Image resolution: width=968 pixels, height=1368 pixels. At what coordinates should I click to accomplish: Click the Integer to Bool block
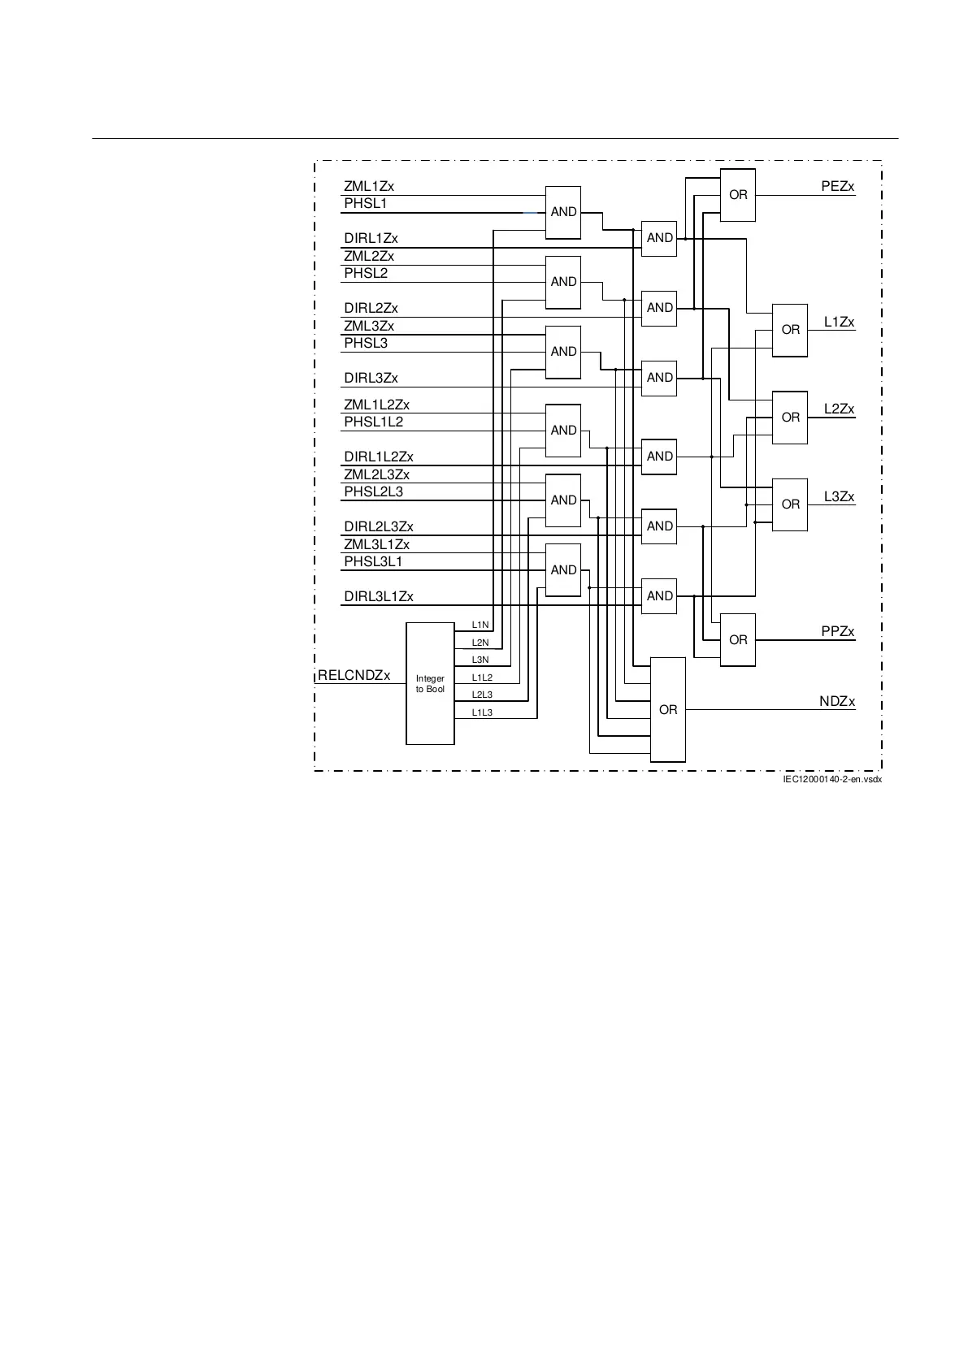(430, 683)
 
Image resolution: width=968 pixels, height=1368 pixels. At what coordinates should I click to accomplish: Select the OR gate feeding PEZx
(738, 195)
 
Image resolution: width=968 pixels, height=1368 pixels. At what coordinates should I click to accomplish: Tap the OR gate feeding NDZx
(668, 710)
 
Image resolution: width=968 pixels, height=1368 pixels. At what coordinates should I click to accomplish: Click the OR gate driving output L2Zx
(790, 418)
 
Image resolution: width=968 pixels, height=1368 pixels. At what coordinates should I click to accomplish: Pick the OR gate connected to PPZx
(738, 640)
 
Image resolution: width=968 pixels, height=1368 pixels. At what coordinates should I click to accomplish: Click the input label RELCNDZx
(354, 676)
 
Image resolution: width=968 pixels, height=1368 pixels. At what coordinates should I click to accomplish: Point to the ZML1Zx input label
(369, 187)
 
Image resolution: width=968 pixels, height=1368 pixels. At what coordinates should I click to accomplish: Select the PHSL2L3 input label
(373, 491)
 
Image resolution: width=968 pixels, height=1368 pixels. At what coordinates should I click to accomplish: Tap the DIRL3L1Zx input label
(379, 597)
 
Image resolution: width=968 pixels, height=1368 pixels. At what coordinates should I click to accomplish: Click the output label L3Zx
(839, 497)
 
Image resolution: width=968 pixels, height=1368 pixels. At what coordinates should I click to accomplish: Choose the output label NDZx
(836, 702)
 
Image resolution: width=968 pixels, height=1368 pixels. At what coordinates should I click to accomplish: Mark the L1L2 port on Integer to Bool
(482, 678)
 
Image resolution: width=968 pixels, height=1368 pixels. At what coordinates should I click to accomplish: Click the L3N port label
(480, 660)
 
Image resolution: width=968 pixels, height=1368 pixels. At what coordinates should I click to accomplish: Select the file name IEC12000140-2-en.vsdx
(831, 780)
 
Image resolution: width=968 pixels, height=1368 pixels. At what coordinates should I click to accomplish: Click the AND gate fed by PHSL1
(563, 212)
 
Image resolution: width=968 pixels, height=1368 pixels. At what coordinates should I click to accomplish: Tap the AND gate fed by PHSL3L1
(563, 570)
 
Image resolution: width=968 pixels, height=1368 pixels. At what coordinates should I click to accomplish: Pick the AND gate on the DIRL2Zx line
(659, 308)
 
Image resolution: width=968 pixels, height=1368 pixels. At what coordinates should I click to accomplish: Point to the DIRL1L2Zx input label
(379, 457)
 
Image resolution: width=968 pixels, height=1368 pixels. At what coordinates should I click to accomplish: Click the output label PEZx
(838, 187)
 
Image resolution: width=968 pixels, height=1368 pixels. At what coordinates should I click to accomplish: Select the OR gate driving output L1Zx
(790, 330)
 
